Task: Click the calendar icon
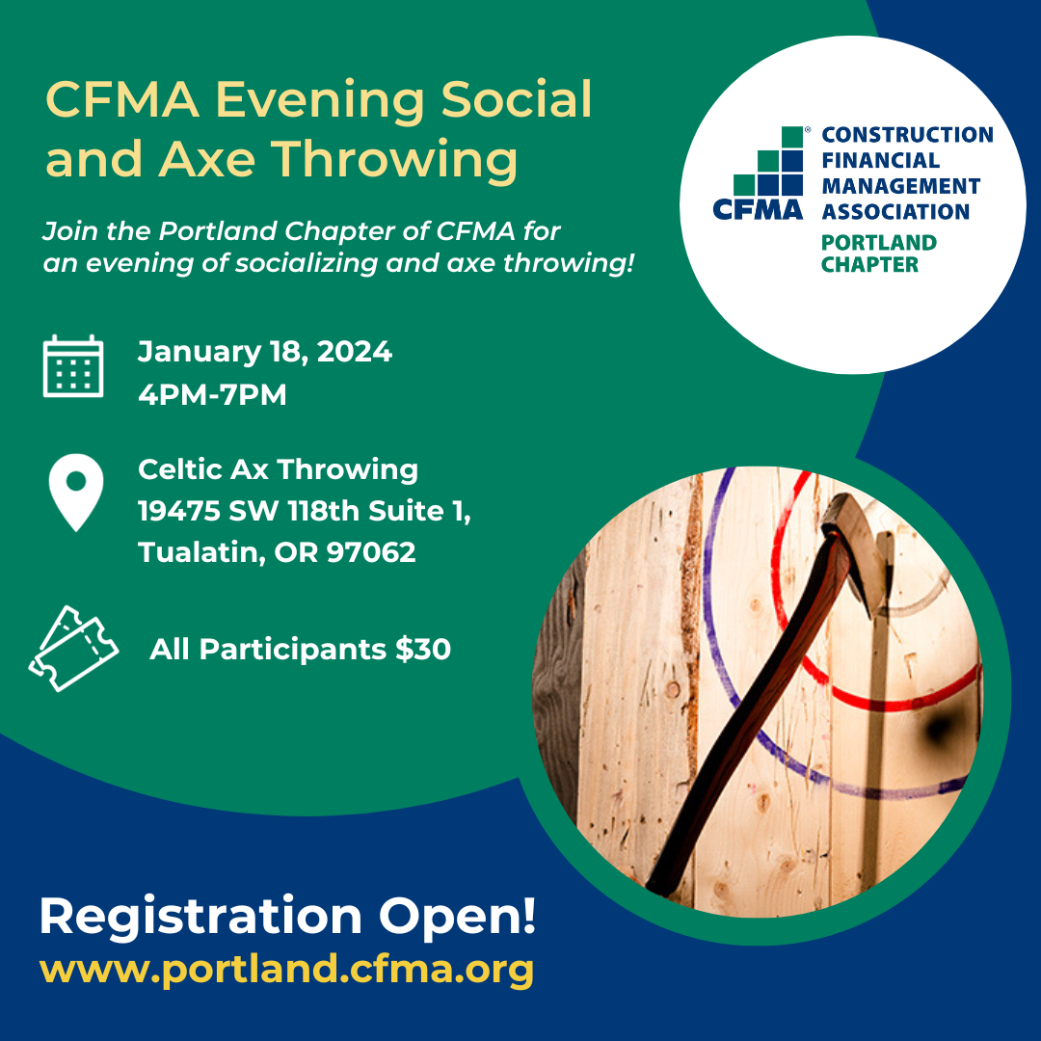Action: [73, 366]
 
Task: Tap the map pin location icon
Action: [76, 492]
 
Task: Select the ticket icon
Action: [73, 649]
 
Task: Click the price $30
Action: [423, 649]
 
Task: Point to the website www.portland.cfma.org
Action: [287, 970]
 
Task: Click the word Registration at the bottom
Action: [200, 918]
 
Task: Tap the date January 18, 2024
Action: [265, 352]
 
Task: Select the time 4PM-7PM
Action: [212, 394]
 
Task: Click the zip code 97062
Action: [371, 552]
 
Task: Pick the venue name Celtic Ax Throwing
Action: [279, 469]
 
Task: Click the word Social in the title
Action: [517, 99]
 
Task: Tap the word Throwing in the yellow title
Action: [394, 159]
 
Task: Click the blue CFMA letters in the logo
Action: [758, 210]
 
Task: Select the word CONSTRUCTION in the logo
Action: [908, 135]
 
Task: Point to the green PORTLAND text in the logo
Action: [879, 242]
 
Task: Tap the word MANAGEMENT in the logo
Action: [901, 186]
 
